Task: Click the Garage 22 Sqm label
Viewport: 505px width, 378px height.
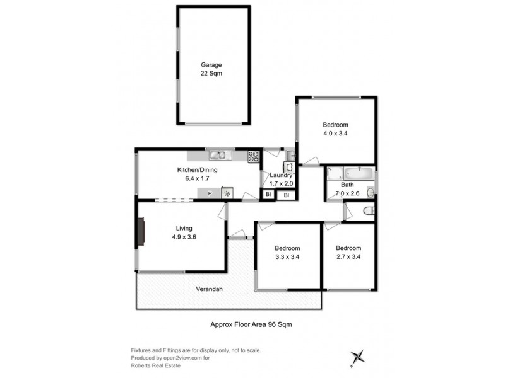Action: (211, 69)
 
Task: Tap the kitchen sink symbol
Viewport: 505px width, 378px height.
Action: (218, 155)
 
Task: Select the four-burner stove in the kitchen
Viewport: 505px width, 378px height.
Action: (254, 156)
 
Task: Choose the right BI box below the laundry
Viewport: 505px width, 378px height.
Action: (287, 195)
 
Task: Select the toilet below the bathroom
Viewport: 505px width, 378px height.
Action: (371, 211)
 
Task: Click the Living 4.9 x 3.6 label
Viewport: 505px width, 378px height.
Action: (184, 232)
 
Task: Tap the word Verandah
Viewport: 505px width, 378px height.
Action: (209, 289)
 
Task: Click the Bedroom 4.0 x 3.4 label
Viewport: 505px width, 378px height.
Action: (335, 129)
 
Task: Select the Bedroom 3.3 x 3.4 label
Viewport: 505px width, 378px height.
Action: (287, 252)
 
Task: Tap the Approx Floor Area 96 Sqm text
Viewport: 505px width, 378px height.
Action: (250, 324)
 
